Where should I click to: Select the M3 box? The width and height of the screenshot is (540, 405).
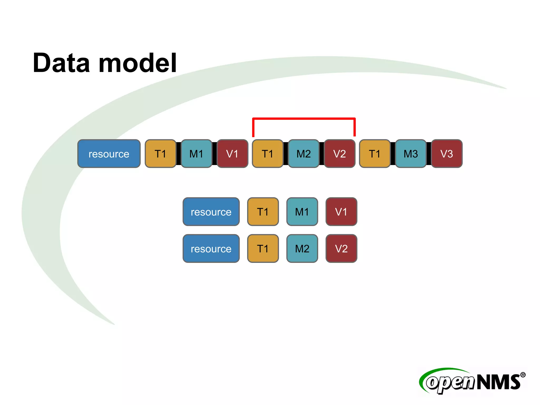[x=411, y=154]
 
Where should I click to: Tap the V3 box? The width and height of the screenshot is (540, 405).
[x=447, y=154]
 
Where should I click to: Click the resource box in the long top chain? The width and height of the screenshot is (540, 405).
[x=109, y=154]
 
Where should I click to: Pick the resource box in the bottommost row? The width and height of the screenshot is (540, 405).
[x=211, y=249]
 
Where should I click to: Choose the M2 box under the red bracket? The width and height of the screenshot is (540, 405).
[x=303, y=154]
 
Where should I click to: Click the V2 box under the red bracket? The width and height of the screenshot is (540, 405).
[x=339, y=154]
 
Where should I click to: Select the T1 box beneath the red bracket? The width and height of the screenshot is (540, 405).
[x=268, y=154]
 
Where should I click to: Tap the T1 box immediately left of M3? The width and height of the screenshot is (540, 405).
[x=375, y=154]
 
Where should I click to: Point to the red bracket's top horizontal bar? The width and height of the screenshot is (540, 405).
[x=304, y=119]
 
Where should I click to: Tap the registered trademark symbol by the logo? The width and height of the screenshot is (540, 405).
[x=523, y=375]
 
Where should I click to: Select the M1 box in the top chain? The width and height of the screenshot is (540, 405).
[x=196, y=154]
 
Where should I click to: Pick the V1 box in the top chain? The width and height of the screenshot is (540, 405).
[x=232, y=154]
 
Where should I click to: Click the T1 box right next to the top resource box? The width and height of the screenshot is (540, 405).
[x=161, y=154]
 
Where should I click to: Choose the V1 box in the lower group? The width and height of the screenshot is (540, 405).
[x=341, y=212]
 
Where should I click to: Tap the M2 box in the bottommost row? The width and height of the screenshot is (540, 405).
[x=302, y=249]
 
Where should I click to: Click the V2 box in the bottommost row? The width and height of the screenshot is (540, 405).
[x=341, y=249]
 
